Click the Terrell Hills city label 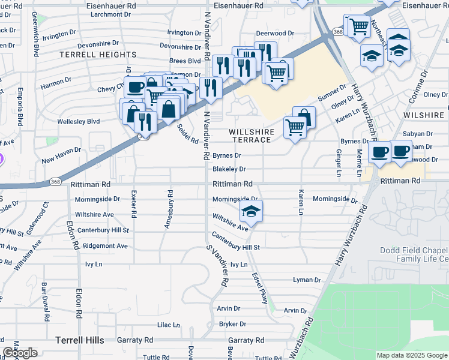tap(80, 340)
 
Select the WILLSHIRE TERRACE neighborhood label tap(252, 136)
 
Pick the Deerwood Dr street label tap(275, 34)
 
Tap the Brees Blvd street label tap(185, 61)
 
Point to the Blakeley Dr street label tap(229, 170)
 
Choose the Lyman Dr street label tap(307, 280)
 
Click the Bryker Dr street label tap(229, 324)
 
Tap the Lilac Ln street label tap(168, 325)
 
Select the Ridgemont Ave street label tap(106, 246)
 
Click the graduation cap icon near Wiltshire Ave tap(252, 211)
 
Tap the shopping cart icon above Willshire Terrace tap(294, 127)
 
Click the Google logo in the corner tap(20, 353)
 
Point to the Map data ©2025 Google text tap(411, 355)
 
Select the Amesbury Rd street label tap(169, 209)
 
